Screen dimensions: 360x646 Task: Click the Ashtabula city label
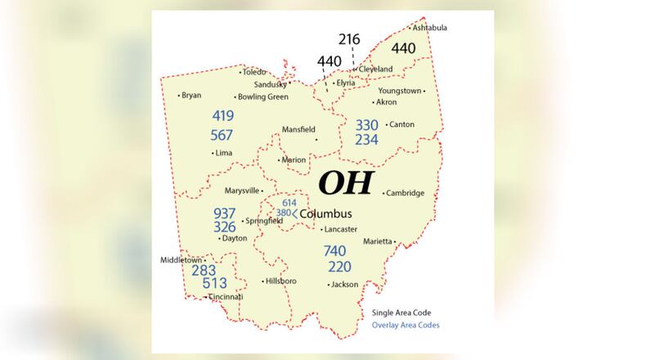pos(430,28)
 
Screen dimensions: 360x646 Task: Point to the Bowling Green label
pos(262,97)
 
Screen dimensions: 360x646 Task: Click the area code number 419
pos(222,116)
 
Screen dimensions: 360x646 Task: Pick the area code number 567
pos(222,135)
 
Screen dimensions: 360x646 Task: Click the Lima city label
pos(223,153)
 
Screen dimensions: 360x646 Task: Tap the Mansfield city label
pos(298,129)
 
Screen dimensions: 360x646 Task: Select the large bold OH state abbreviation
pos(344,182)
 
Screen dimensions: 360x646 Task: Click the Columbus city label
pos(325,214)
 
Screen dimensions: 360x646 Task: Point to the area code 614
pos(289,202)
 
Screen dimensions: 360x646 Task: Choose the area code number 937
pos(225,213)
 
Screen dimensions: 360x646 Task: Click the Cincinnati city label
pos(226,296)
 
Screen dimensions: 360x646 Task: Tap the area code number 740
pos(334,251)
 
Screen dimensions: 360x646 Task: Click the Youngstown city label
pos(401,91)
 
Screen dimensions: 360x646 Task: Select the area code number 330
pos(366,125)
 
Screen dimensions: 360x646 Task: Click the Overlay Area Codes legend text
pos(406,325)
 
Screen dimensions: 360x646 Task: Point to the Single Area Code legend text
pos(401,312)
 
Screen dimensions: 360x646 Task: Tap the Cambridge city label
pos(406,193)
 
